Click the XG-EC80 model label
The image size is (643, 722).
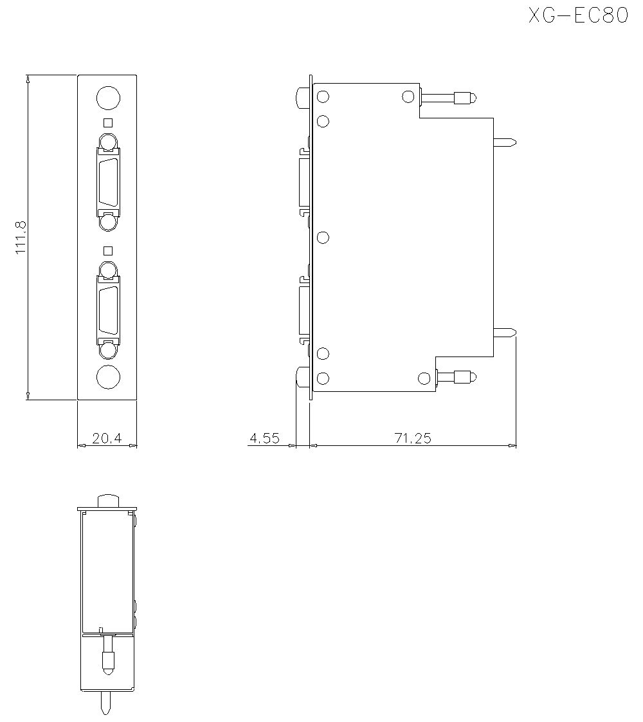pos(578,15)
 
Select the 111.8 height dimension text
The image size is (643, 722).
pos(21,237)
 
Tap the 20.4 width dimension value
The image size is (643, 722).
pos(107,438)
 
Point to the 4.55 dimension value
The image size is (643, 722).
pos(264,438)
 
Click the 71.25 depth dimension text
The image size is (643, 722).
pos(413,438)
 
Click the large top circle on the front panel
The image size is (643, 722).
pos(109,98)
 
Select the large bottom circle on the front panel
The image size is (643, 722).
pos(109,377)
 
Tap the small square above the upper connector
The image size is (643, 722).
pos(108,122)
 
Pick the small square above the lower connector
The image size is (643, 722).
pos(108,250)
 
